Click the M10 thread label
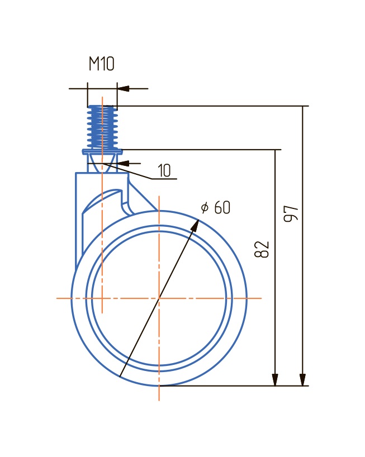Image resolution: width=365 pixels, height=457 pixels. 101,64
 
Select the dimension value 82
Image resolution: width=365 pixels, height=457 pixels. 263,249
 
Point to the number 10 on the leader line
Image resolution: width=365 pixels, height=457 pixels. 164,171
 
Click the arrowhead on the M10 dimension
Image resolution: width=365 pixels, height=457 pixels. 124,88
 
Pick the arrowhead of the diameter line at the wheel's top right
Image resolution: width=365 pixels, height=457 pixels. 196,224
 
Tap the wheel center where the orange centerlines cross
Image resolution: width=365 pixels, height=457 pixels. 159,298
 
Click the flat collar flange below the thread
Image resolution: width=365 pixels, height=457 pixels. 102,151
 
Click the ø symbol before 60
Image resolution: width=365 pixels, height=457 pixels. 205,208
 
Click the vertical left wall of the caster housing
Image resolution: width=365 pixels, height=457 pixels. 76,223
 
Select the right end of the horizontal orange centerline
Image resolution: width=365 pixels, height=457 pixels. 260,298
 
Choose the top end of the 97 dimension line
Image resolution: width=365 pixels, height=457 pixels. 303,106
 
